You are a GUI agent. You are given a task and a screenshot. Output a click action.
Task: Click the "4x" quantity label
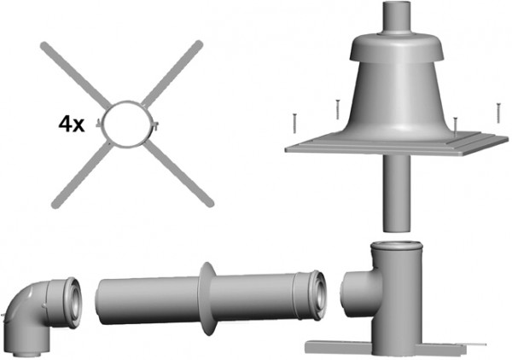pos(72,125)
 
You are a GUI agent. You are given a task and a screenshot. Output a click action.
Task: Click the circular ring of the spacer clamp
pos(126,102)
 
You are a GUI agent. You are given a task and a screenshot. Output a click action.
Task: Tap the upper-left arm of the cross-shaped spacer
pos(76,75)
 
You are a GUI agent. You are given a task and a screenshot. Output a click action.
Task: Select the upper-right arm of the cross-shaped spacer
pos(172,73)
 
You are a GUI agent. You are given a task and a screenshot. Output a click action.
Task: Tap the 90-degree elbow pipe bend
pos(42,316)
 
